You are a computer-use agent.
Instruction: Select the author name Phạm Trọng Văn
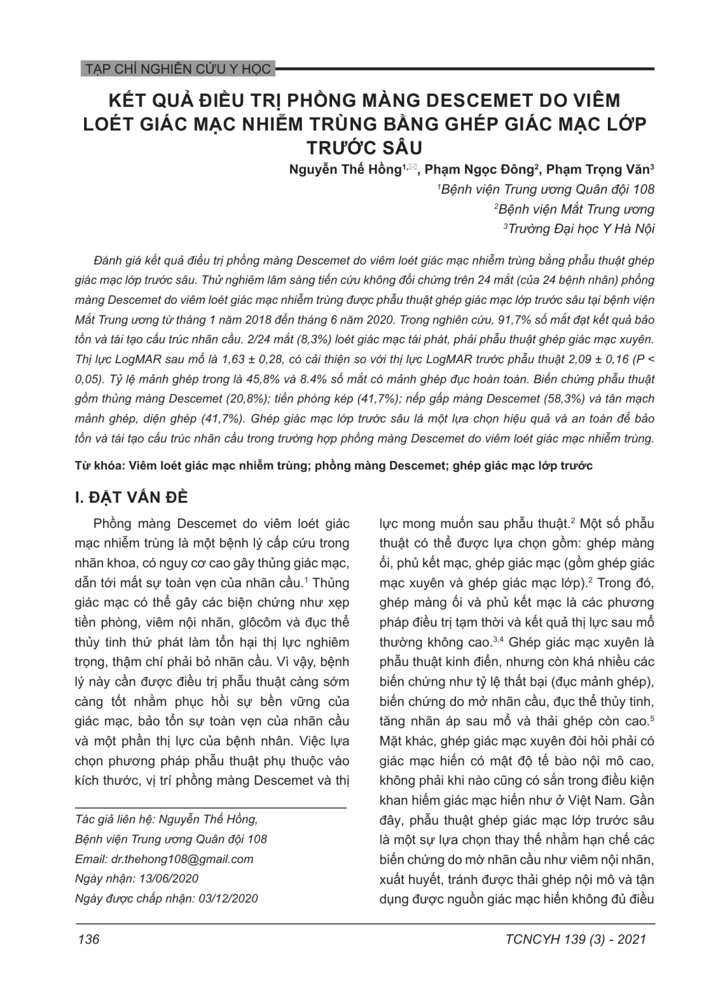[597, 169]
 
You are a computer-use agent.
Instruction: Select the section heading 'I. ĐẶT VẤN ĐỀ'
[132, 497]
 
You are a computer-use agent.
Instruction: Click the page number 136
[88, 939]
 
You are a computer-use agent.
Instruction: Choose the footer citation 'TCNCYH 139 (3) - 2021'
[575, 939]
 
